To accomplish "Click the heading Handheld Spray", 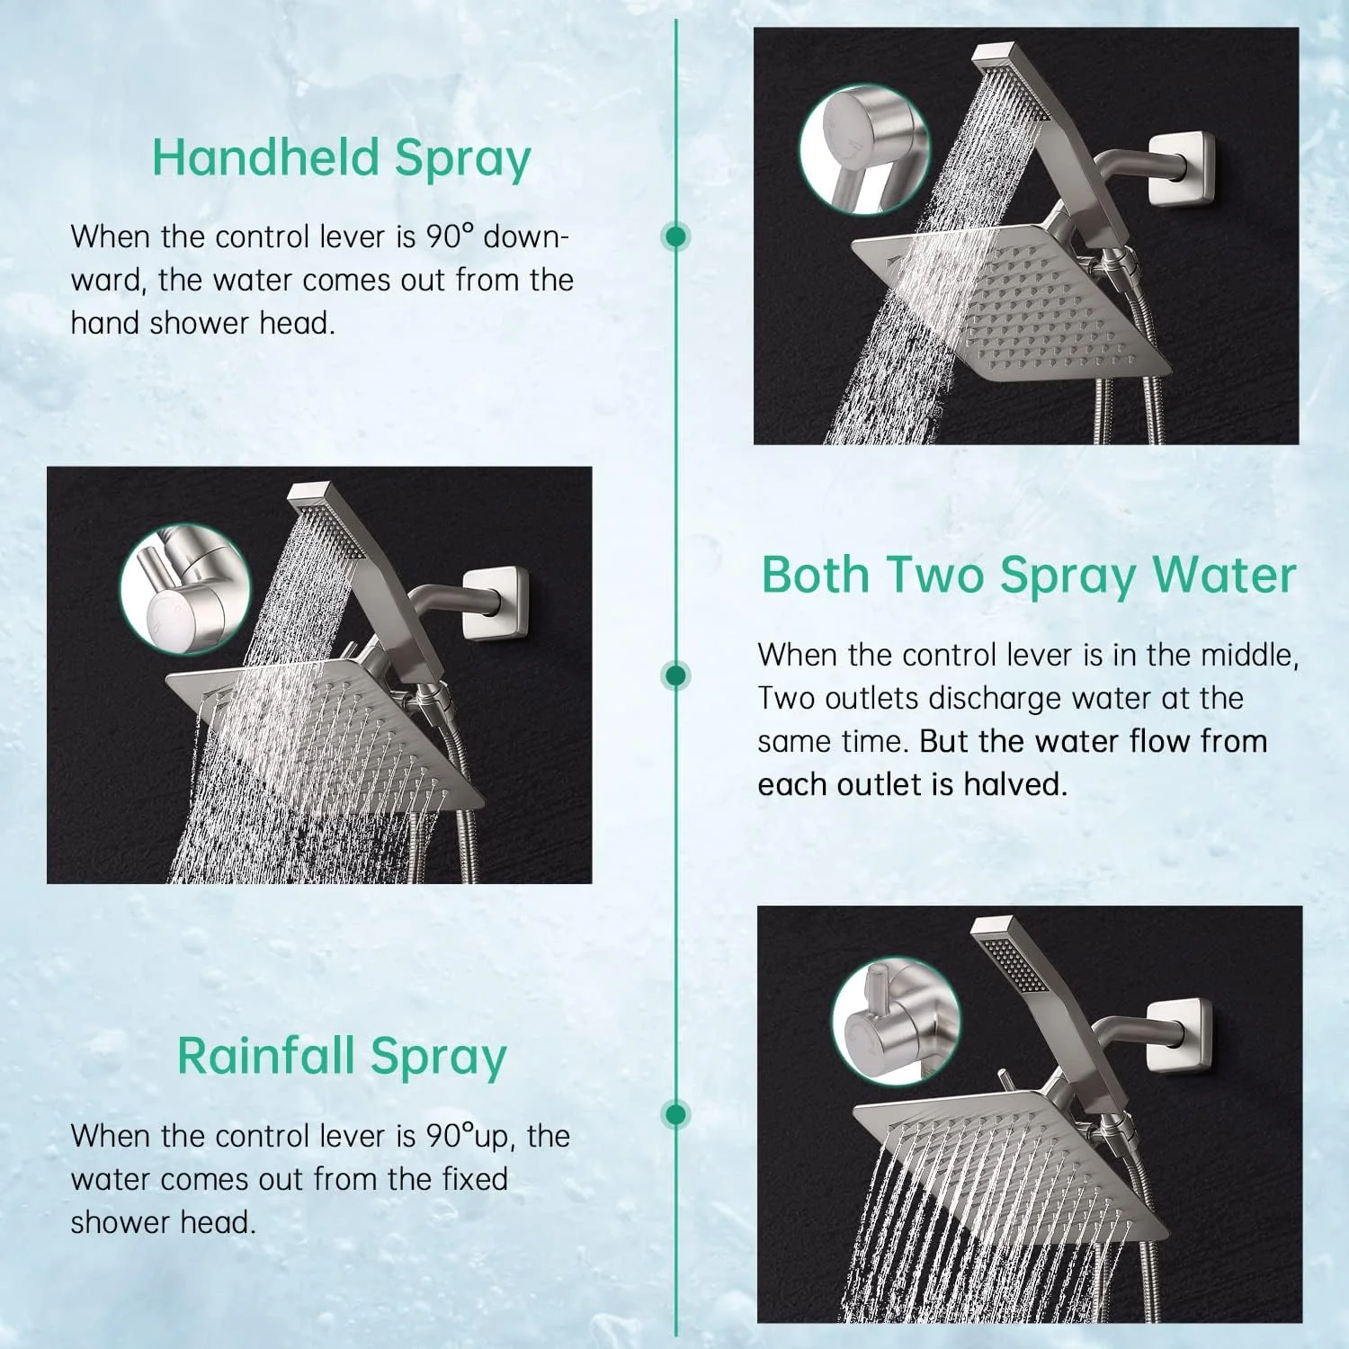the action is pos(341,159).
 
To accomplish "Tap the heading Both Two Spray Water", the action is pos(1029,576).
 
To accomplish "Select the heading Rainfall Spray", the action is pos(342,1057).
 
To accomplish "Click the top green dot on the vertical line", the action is pos(675,237).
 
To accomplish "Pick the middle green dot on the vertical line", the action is pos(675,675).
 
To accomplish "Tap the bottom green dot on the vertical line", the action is pos(675,1114).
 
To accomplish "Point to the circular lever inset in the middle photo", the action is pos(184,589).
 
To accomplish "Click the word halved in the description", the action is pos(1015,785).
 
